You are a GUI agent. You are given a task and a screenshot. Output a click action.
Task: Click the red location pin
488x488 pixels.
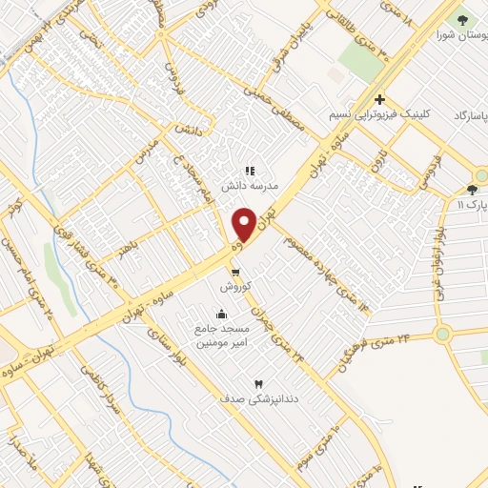(245, 224)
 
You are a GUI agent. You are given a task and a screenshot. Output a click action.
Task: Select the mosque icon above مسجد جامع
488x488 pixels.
(222, 314)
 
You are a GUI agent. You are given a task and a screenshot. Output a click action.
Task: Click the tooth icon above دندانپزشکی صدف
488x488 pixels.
(256, 383)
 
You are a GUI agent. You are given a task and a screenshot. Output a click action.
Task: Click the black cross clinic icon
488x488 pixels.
(379, 99)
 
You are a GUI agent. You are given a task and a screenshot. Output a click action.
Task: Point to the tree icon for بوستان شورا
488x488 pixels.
(463, 19)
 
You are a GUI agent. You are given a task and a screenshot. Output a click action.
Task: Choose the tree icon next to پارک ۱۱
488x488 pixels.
(472, 191)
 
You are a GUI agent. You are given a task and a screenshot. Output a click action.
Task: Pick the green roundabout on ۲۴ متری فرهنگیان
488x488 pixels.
(442, 334)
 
